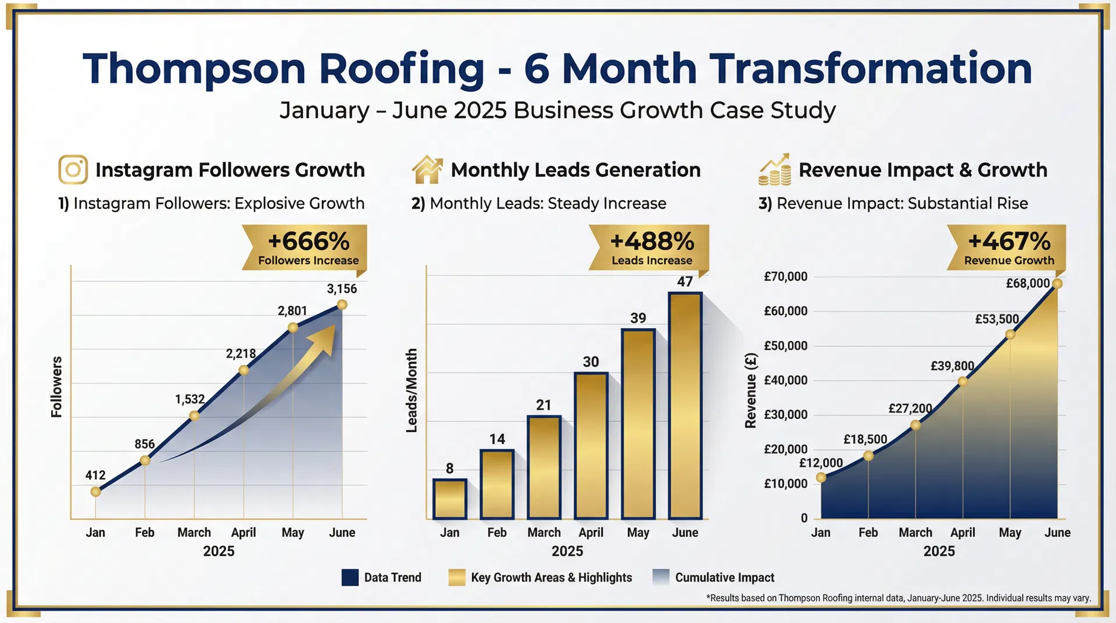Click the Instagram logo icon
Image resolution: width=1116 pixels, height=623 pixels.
point(73,170)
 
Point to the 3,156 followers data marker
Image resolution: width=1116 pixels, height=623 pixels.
point(342,305)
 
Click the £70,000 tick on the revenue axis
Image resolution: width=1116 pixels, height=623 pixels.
point(785,277)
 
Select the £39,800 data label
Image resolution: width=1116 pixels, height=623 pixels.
point(952,366)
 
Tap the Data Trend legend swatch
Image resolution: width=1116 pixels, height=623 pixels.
point(350,577)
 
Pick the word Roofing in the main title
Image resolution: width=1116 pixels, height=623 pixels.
point(401,69)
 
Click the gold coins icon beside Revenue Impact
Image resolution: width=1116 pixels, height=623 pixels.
point(775,170)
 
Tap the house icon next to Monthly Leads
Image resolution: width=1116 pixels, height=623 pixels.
point(427,170)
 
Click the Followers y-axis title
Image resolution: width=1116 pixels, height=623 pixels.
point(56,386)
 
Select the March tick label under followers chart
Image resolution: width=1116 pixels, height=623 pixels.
point(194,532)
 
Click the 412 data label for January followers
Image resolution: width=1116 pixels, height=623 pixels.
point(95,475)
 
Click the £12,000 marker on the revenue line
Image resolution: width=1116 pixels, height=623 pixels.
point(821,478)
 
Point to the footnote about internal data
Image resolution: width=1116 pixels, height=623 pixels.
point(898,598)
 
